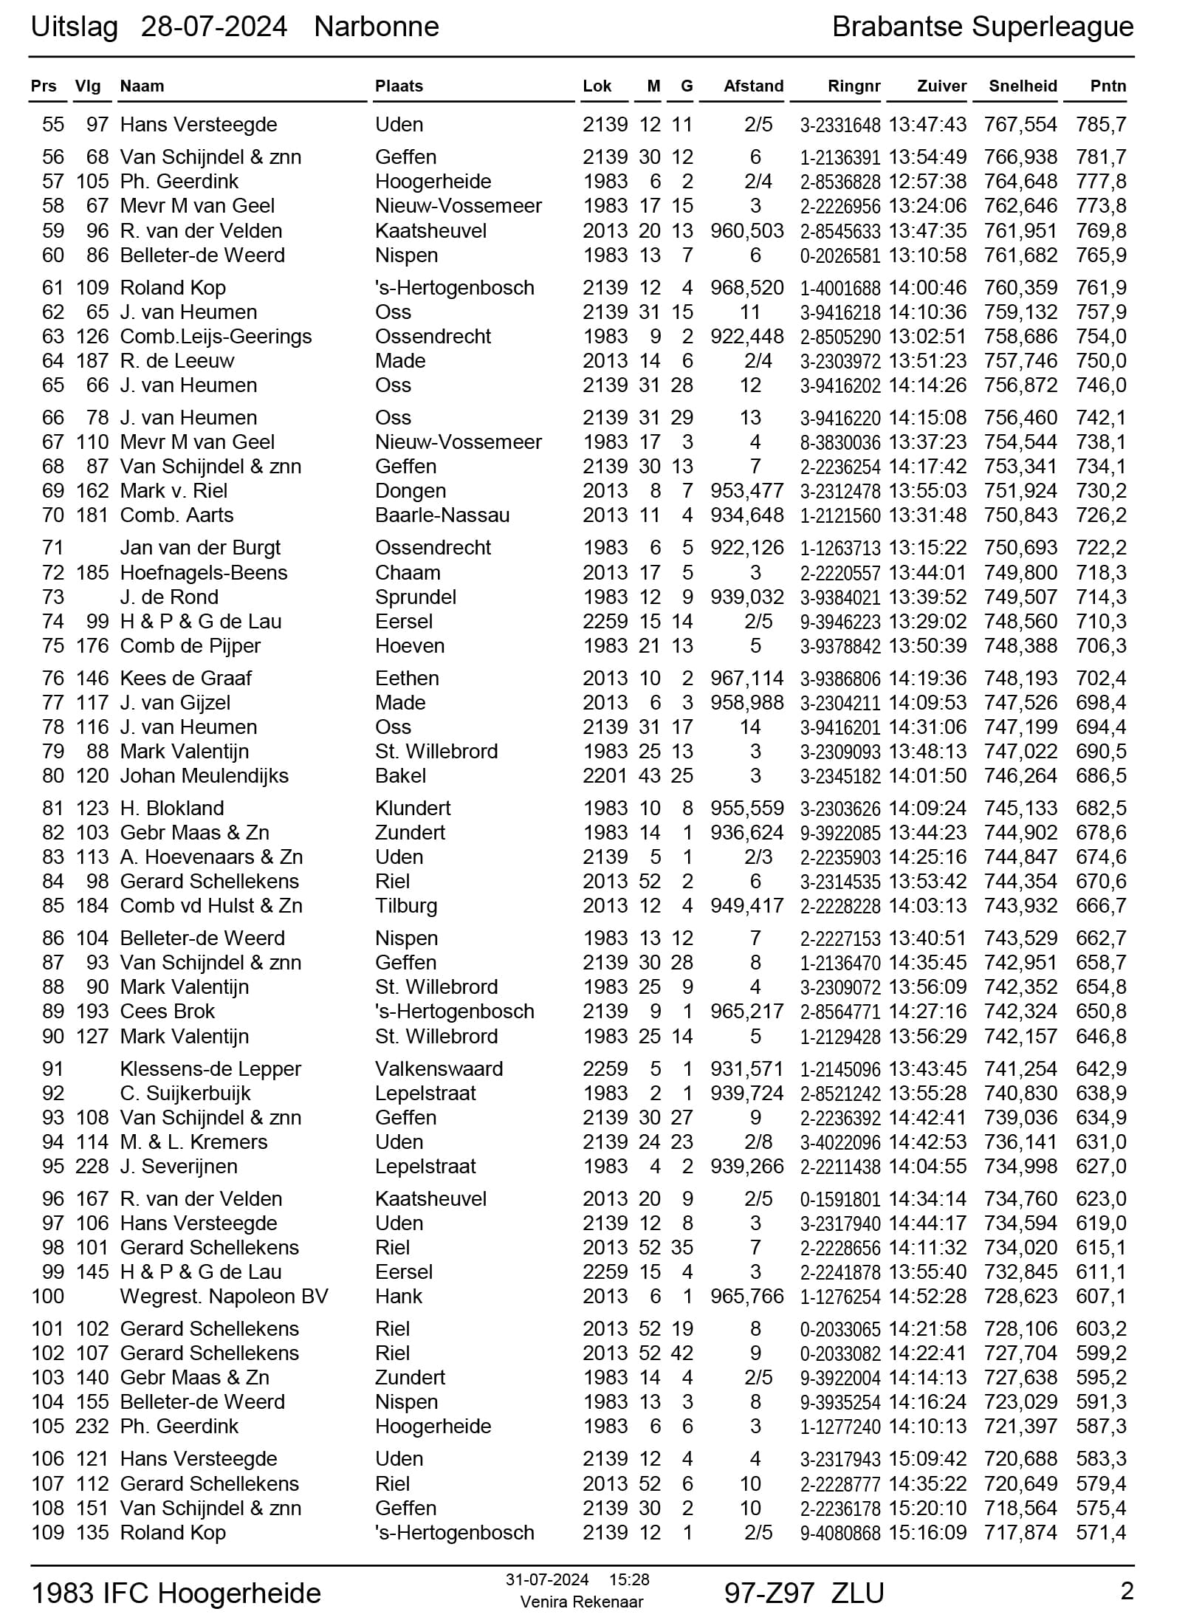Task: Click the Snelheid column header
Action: pos(1023,86)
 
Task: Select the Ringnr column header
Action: pos(854,86)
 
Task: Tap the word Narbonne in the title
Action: pos(377,27)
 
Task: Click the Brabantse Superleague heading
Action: pos(982,27)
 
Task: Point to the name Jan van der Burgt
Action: pos(200,548)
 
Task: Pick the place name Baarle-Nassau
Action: pos(442,515)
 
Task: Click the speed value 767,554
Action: pos(1020,125)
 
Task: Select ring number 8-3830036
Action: pos(840,443)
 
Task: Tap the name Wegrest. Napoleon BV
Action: pos(224,1297)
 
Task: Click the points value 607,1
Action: pos(1101,1297)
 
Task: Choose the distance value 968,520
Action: pos(746,288)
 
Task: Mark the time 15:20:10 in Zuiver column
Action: pos(927,1509)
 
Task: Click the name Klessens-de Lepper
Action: pos(210,1069)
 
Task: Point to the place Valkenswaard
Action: pos(439,1069)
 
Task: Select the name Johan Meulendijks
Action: pos(204,776)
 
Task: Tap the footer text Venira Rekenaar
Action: pos(581,1602)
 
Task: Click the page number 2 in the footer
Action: pos(1127,1591)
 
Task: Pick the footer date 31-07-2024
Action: pos(547,1580)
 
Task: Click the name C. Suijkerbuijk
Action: pos(185,1094)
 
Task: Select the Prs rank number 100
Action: pos(48,1297)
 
